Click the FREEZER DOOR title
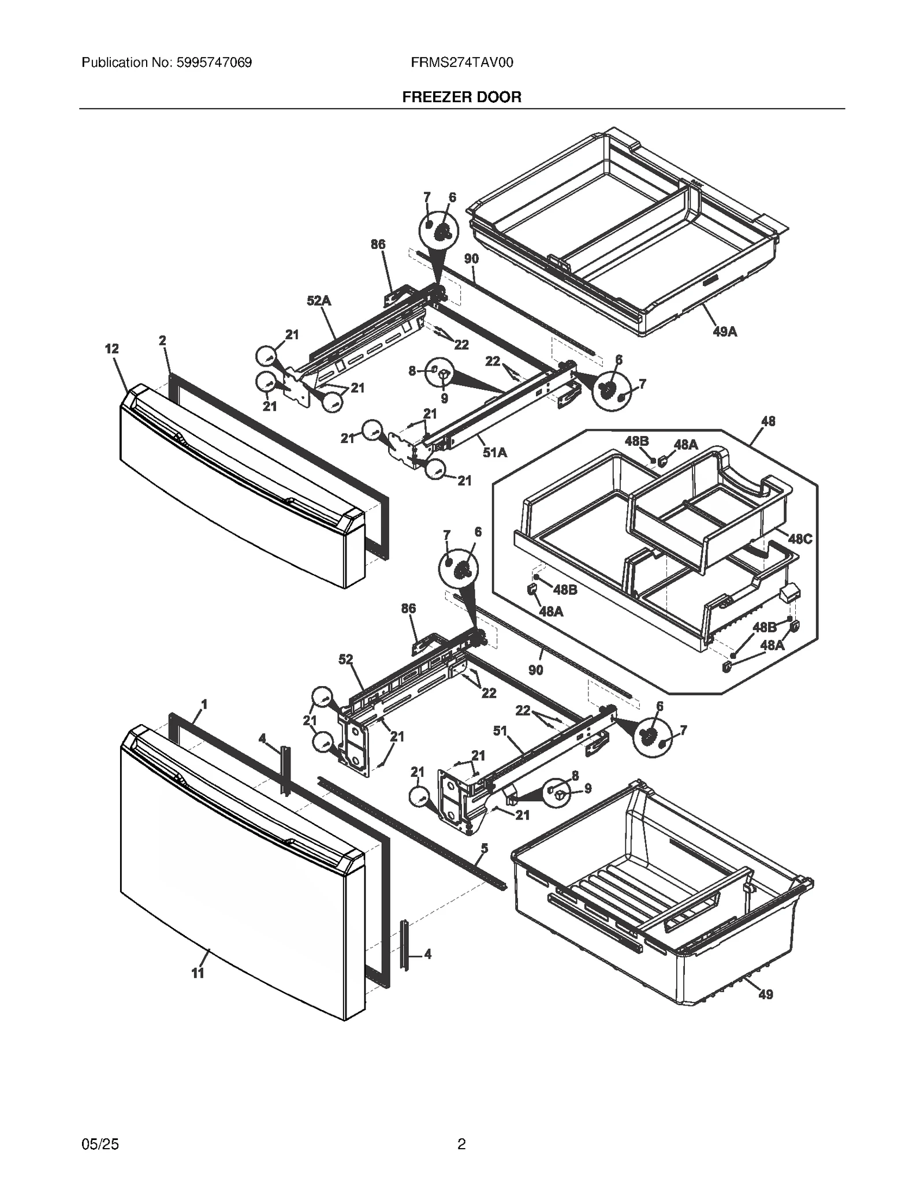pyautogui.click(x=461, y=97)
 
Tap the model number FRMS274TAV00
pyautogui.click(x=461, y=62)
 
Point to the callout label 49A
pyautogui.click(x=724, y=331)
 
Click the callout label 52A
pyautogui.click(x=319, y=301)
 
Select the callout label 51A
pyautogui.click(x=495, y=453)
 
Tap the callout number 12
pyautogui.click(x=111, y=349)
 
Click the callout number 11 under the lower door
pyautogui.click(x=198, y=973)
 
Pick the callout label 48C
pyautogui.click(x=800, y=539)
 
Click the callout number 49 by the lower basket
pyautogui.click(x=765, y=994)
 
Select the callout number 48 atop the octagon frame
pyautogui.click(x=767, y=422)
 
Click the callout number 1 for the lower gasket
pyautogui.click(x=204, y=705)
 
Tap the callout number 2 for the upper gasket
pyautogui.click(x=162, y=341)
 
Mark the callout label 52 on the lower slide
pyautogui.click(x=345, y=660)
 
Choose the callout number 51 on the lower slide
pyautogui.click(x=500, y=731)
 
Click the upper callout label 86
pyautogui.click(x=378, y=244)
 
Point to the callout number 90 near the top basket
pyautogui.click(x=471, y=259)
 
